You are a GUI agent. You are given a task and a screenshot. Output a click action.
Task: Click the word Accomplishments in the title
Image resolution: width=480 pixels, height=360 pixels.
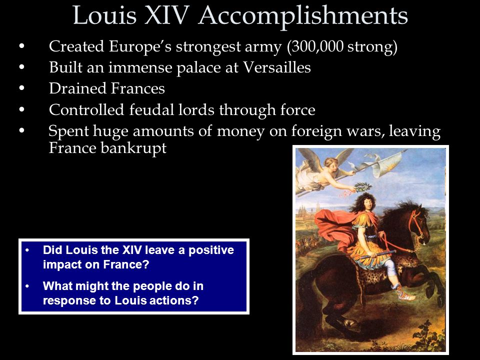pyautogui.click(x=303, y=16)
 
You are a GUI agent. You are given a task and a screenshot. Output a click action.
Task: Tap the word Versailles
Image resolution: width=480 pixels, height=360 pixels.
pyautogui.click(x=276, y=67)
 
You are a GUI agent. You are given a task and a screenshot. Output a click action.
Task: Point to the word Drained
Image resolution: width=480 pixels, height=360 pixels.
pyautogui.click(x=78, y=88)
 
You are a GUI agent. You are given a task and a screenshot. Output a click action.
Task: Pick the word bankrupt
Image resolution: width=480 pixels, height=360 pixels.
pyautogui.click(x=133, y=148)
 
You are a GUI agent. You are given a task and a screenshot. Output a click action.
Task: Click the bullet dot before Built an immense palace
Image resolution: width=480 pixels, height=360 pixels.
pyautogui.click(x=21, y=67)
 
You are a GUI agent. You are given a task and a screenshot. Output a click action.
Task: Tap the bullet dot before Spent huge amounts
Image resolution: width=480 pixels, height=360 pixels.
pyautogui.click(x=21, y=130)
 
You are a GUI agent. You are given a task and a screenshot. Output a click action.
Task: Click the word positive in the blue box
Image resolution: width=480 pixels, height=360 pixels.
pyautogui.click(x=211, y=250)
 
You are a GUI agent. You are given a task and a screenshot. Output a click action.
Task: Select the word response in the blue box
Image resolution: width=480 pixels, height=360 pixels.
pyautogui.click(x=69, y=300)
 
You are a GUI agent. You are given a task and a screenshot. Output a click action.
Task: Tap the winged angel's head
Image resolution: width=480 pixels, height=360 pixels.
pyautogui.click(x=330, y=162)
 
